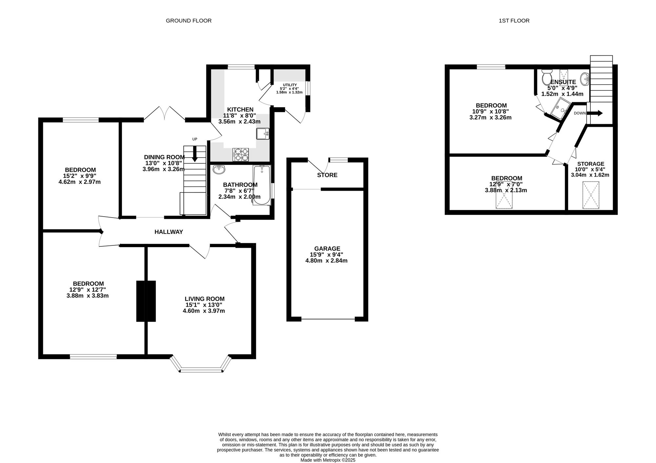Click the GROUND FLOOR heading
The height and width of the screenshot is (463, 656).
pyautogui.click(x=189, y=21)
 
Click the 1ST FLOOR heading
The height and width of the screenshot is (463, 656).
pyautogui.click(x=514, y=21)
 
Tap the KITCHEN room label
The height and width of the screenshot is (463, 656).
pyautogui.click(x=240, y=109)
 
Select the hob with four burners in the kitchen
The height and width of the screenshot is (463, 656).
pyautogui.click(x=241, y=155)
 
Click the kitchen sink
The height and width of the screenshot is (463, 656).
pyautogui.click(x=263, y=134)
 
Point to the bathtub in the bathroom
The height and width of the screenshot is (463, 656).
pyautogui.click(x=262, y=185)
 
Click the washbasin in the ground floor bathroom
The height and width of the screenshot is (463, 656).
pyautogui.click(x=219, y=170)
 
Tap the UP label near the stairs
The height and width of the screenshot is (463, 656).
pyautogui.click(x=195, y=139)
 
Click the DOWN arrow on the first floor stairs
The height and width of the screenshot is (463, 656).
pyautogui.click(x=594, y=113)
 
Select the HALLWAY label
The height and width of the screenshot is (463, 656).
pyautogui.click(x=169, y=232)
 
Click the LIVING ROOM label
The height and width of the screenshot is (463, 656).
pyautogui.click(x=205, y=299)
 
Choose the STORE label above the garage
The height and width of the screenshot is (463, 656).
pyautogui.click(x=327, y=175)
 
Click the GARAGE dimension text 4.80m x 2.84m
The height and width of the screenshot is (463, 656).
pyautogui.click(x=326, y=261)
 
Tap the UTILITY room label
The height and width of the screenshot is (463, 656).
pyautogui.click(x=290, y=85)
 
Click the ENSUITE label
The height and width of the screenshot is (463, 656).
pyautogui.click(x=563, y=82)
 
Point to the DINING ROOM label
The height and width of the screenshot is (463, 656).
pyautogui.click(x=164, y=157)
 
